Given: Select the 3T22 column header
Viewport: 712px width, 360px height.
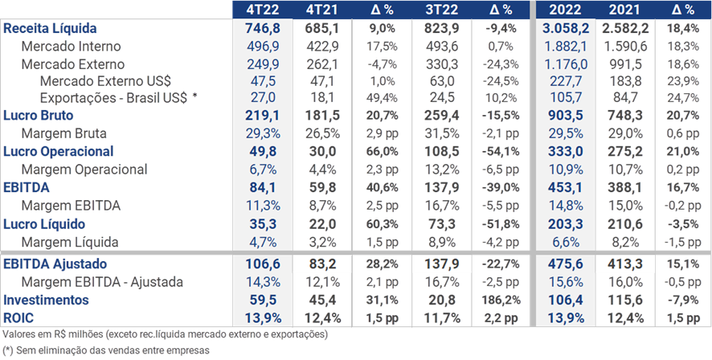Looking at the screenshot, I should tap(440, 10).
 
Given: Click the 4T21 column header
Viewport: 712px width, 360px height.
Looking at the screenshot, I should tap(322, 10).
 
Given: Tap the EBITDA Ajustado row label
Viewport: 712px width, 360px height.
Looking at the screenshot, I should tap(55, 264).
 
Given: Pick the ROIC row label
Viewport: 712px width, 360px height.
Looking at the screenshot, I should tap(18, 317).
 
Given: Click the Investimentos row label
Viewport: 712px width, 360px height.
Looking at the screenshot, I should tap(44, 300).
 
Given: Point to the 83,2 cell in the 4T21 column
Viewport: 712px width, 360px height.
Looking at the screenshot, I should tap(322, 264).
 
